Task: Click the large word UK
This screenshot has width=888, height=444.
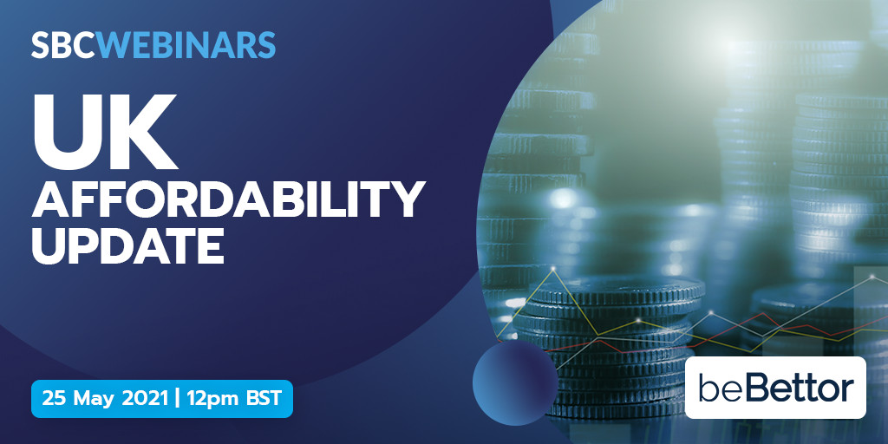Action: click(x=105, y=132)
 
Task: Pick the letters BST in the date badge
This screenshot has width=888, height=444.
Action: click(x=264, y=399)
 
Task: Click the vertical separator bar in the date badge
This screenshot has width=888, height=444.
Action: click(x=178, y=399)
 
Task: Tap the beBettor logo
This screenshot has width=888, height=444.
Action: click(x=775, y=388)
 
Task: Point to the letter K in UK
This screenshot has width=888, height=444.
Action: click(x=144, y=132)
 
